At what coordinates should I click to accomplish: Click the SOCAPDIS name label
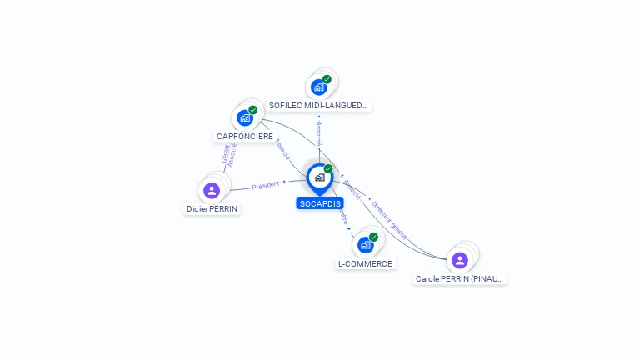[320, 203]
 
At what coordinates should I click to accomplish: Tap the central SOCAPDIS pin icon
[319, 177]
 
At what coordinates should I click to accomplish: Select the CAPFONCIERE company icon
[245, 117]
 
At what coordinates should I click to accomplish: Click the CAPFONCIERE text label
[245, 136]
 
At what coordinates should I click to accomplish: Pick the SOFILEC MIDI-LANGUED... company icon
[318, 87]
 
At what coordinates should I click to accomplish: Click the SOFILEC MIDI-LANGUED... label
[318, 105]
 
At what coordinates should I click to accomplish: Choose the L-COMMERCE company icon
[365, 245]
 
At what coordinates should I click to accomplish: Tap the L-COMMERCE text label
[365, 263]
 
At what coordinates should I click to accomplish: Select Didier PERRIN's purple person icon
[212, 190]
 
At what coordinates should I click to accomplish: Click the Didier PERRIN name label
[212, 208]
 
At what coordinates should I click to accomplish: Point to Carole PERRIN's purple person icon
[459, 260]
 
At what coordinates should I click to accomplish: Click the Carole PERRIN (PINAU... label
[460, 278]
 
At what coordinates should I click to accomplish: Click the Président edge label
[266, 185]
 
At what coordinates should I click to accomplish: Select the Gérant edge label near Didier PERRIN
[225, 153]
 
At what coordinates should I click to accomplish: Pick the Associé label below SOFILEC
[319, 133]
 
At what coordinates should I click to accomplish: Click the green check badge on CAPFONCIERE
[253, 110]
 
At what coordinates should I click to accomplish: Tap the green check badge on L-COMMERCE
[373, 237]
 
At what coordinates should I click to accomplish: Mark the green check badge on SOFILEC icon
[327, 79]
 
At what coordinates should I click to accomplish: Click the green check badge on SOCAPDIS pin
[328, 169]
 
